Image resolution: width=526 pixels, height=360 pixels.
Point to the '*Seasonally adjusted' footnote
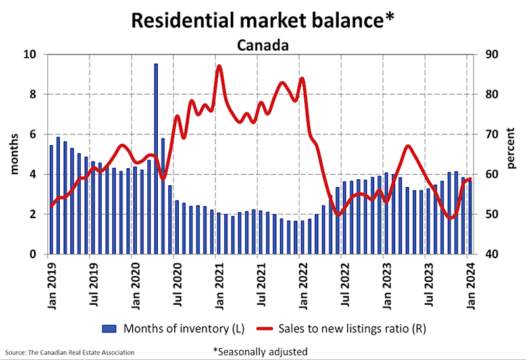point(260,351)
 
